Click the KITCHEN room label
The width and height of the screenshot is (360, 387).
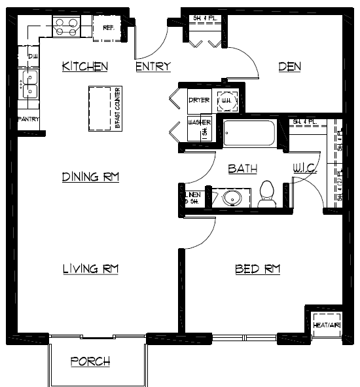(x=84, y=66)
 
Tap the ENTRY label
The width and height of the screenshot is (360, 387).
(x=153, y=66)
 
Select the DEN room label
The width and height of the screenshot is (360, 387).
(x=289, y=66)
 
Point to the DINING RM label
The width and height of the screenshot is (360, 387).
(x=90, y=177)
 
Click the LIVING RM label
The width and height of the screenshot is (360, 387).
(x=90, y=268)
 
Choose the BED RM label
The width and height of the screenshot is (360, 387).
(x=258, y=268)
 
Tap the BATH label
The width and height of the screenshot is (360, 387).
(x=242, y=169)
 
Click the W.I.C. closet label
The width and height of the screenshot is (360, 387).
(x=305, y=169)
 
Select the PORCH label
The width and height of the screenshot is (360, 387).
(x=90, y=361)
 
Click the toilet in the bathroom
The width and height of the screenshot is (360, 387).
(x=266, y=193)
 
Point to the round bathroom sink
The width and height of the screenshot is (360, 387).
(x=233, y=197)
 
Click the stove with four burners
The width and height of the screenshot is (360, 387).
(x=66, y=26)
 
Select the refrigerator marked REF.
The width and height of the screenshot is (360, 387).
(x=107, y=29)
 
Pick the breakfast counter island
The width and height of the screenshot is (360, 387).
(x=101, y=107)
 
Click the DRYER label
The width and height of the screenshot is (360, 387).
(x=198, y=100)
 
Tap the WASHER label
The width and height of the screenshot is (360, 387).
(x=198, y=122)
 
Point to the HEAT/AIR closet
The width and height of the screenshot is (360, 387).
(x=325, y=322)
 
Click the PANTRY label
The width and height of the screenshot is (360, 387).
(x=29, y=119)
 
